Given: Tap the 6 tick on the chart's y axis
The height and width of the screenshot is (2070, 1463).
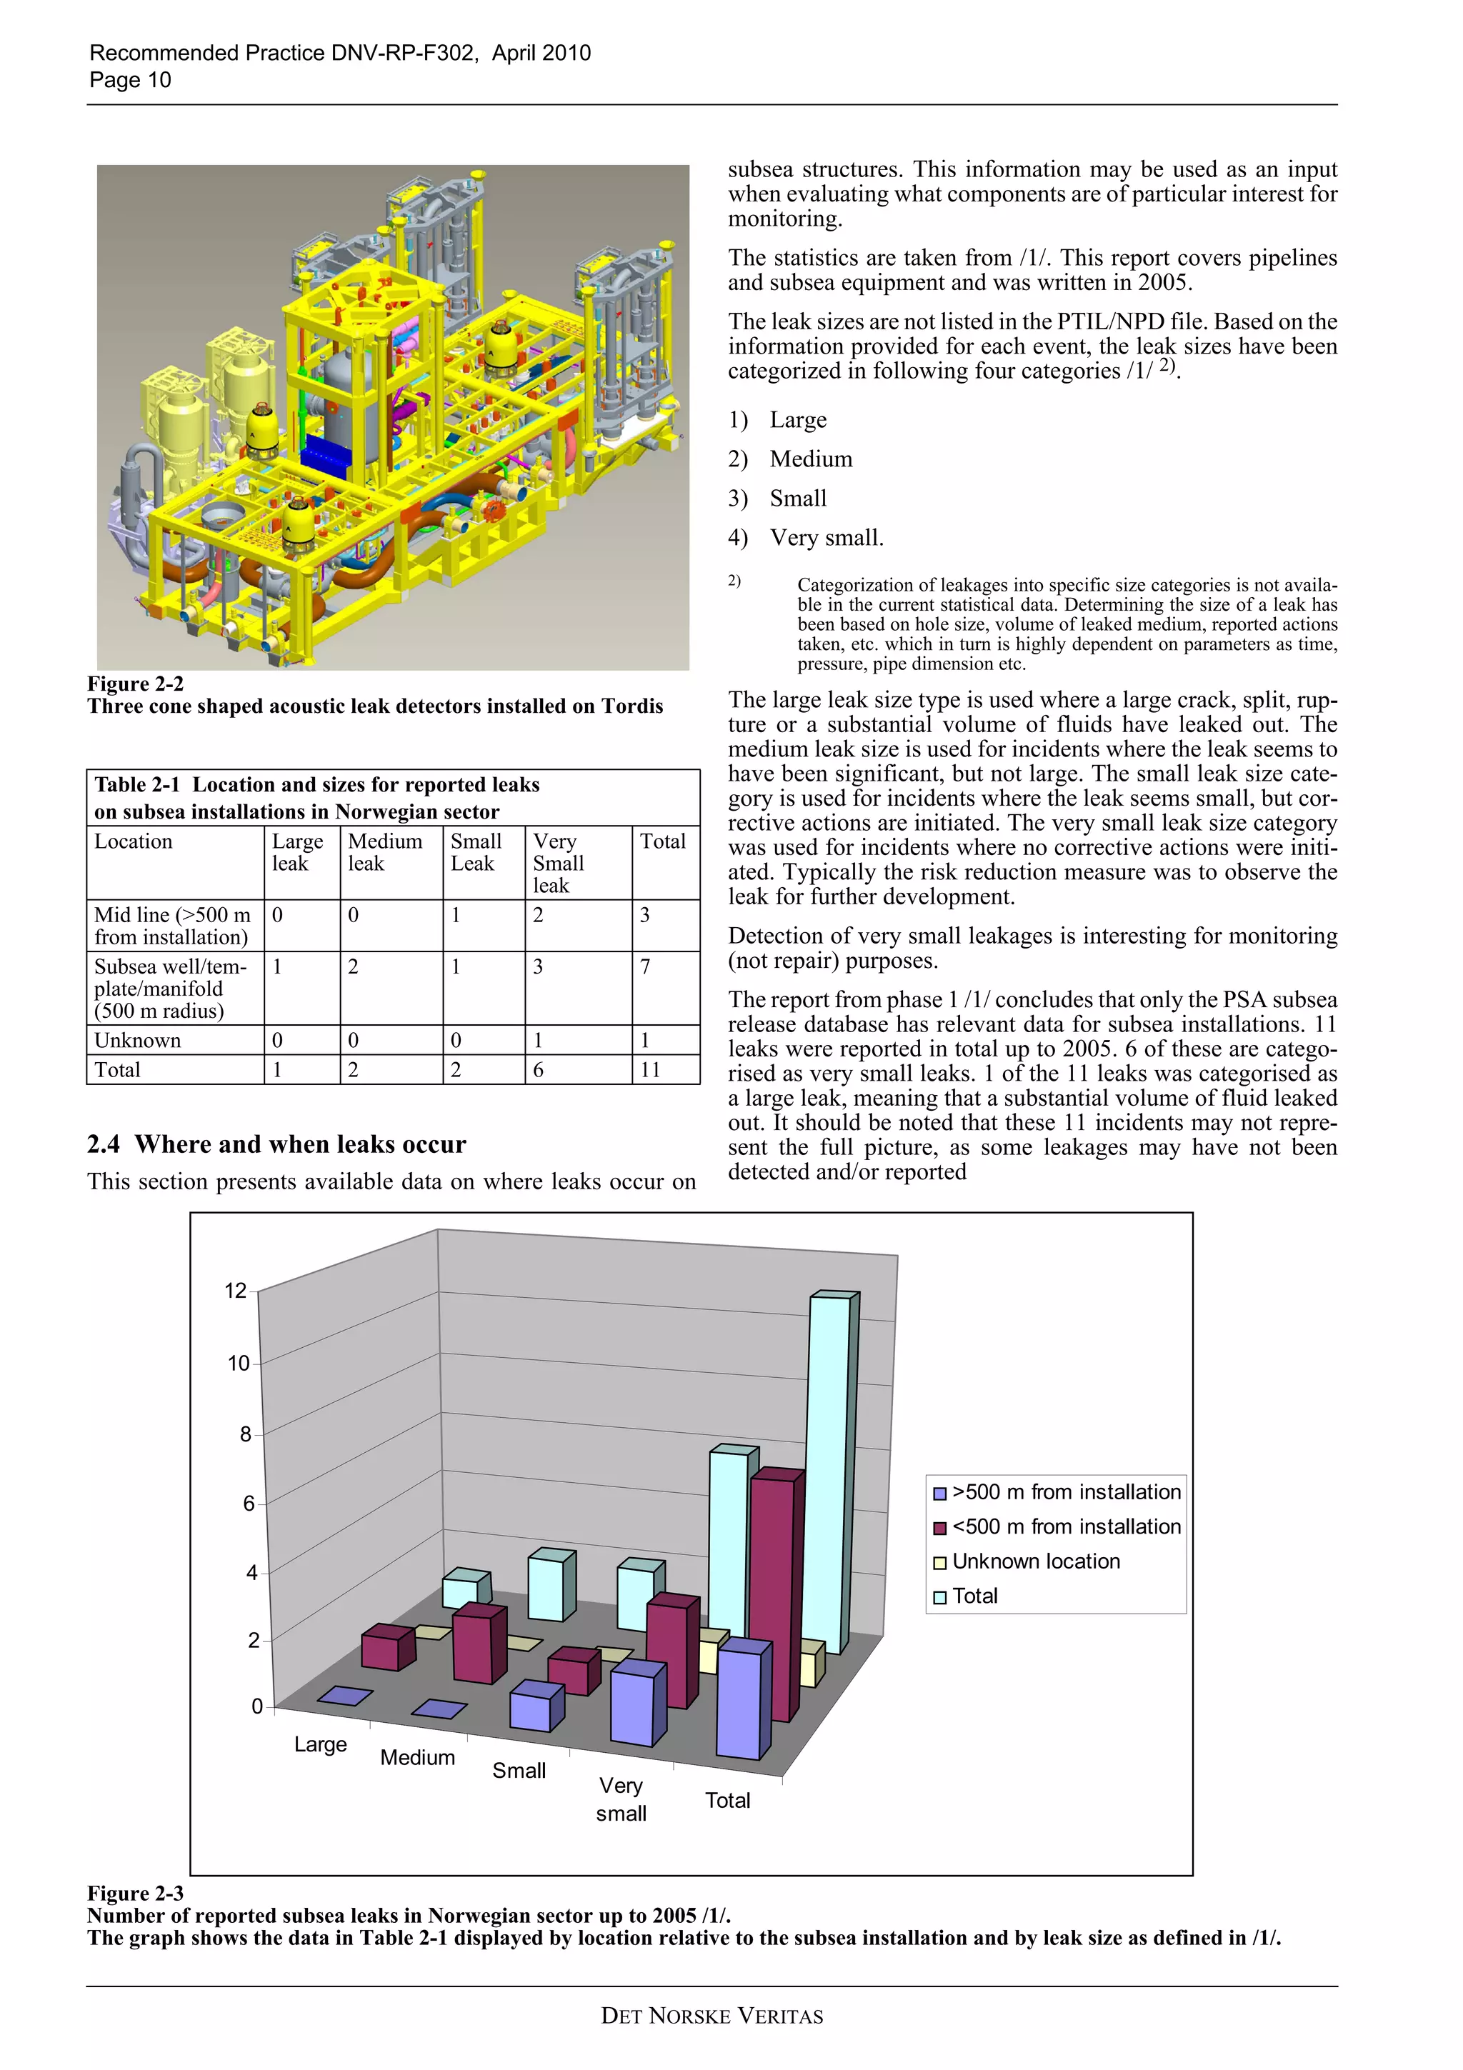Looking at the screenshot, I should click(x=248, y=1503).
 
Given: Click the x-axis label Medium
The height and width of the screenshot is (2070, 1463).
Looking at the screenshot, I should click(x=417, y=1757).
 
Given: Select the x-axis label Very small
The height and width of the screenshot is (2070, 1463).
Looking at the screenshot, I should click(x=620, y=1799).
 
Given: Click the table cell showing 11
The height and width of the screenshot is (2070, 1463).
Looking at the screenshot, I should click(x=650, y=1070).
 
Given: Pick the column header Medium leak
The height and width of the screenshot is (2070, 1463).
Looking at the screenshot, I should click(x=385, y=852).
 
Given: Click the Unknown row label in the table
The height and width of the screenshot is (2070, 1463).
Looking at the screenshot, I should click(x=138, y=1041).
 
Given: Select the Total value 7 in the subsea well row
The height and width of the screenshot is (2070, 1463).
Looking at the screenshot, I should click(x=644, y=966).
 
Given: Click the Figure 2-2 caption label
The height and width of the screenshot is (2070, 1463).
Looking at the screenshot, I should click(x=135, y=684).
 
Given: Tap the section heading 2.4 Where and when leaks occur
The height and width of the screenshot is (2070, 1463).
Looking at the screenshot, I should click(x=276, y=1144).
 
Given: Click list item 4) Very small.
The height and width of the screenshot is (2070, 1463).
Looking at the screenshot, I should click(x=806, y=539).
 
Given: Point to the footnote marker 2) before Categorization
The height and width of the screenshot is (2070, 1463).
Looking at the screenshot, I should click(x=734, y=581).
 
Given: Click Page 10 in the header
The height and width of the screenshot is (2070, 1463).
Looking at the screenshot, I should click(x=130, y=80).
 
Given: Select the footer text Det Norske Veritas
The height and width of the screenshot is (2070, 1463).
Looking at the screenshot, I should click(x=712, y=2016).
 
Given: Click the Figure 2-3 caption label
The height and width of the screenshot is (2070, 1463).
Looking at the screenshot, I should click(x=135, y=1894).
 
